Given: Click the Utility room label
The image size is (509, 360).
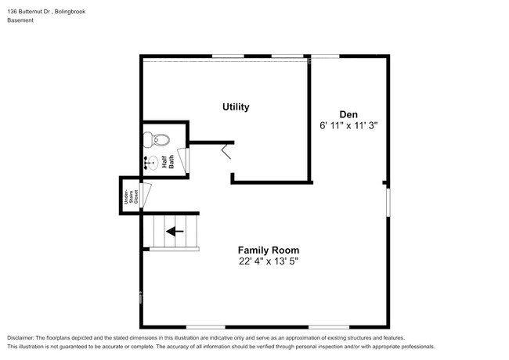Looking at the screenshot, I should click(x=236, y=106).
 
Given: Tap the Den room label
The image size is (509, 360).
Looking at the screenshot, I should click(x=348, y=113).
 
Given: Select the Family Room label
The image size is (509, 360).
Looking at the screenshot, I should click(x=268, y=250).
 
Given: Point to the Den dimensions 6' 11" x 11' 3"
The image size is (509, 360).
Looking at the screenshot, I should click(x=348, y=125).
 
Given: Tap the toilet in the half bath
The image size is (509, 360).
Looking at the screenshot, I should click(x=157, y=141).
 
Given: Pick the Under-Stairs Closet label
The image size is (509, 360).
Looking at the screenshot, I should click(x=125, y=195).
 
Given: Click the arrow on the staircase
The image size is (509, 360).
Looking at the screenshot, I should click(x=175, y=231).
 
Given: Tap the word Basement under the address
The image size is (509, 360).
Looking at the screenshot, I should click(x=20, y=21).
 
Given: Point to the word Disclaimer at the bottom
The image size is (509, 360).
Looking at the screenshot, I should click(x=23, y=337).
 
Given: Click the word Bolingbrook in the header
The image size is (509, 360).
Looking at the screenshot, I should click(x=80, y=12).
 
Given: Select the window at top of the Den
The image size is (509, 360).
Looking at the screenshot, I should click(x=324, y=56).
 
